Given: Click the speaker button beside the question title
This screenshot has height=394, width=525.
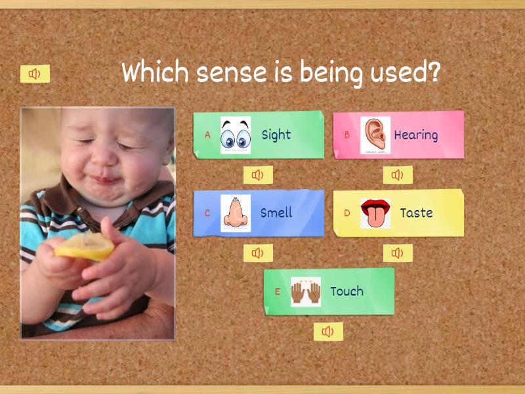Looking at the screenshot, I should point(35,74).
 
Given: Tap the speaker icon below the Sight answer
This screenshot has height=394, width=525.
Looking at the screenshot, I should point(258,175).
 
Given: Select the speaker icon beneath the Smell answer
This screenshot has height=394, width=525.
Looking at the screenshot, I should point(258,253).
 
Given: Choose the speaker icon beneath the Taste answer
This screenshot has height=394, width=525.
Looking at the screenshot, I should point(398,253).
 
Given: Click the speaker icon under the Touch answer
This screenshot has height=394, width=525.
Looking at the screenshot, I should point(328,332).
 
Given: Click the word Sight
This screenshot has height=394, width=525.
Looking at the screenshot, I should point(276,135).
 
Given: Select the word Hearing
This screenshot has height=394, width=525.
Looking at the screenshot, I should point(415,135).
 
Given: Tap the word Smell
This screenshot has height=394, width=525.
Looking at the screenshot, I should point(276,213).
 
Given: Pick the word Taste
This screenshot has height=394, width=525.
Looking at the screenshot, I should point(416,213).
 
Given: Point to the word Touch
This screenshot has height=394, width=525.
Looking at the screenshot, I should point(346,291).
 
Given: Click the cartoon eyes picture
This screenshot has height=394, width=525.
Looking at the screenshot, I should point(236,135).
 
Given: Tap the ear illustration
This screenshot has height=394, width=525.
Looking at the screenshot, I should point(375,135).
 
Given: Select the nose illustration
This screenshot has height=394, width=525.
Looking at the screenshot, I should point(236,213).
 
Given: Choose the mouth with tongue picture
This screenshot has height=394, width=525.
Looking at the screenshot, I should point(375,213).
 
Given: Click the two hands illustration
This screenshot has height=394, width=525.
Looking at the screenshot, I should point(306,292).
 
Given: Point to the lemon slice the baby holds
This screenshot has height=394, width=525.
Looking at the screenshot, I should point(85,248).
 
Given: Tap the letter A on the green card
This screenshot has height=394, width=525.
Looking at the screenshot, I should point(207,135).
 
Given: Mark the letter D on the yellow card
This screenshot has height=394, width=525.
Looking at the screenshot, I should point(347,213).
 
